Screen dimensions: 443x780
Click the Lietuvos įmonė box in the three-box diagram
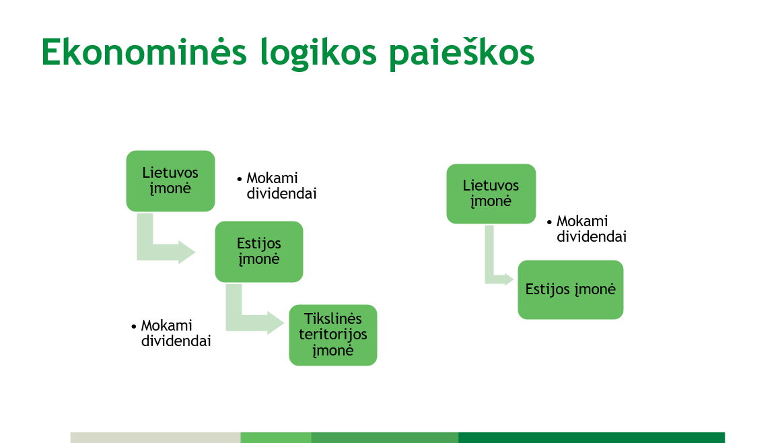(170, 180)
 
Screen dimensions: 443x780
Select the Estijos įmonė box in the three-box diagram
(258, 251)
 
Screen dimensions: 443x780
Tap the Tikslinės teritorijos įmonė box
(332, 335)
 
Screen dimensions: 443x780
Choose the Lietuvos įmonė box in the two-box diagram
(491, 193)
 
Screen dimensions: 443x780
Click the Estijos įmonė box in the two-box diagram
(570, 289)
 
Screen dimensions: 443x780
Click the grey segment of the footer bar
(155, 438)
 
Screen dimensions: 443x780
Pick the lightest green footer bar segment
(275, 438)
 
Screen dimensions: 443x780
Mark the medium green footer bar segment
(384, 438)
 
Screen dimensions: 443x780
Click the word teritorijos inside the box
(332, 335)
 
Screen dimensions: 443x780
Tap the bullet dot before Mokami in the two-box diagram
(549, 221)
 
